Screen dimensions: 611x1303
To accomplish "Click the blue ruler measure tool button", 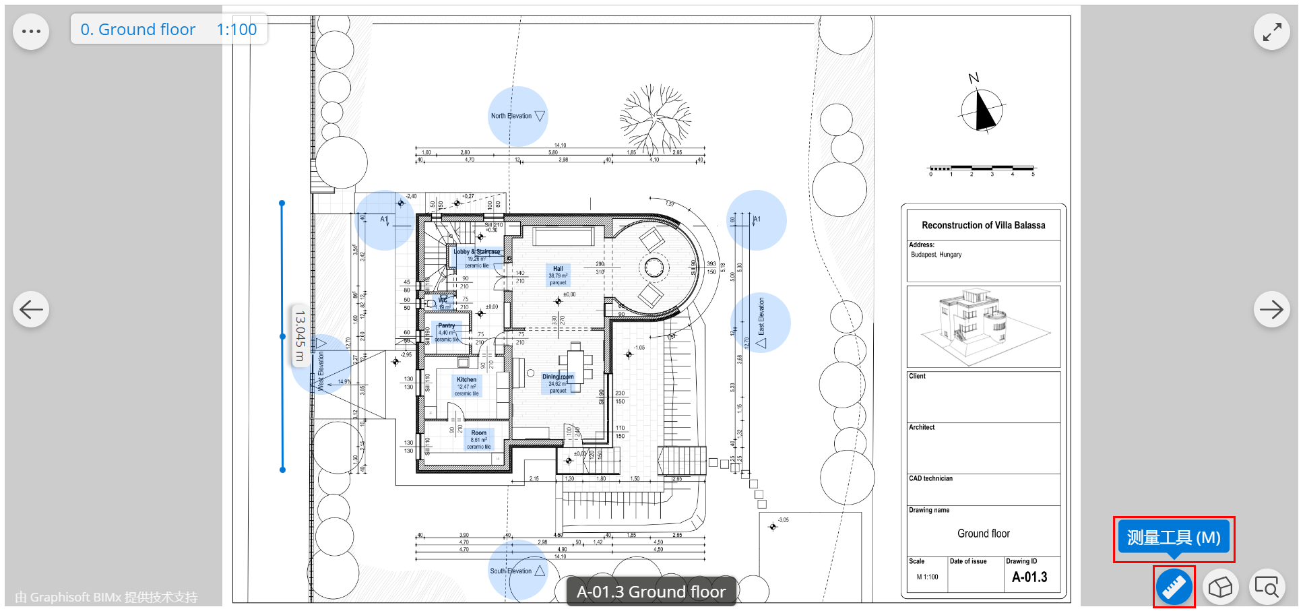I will (1174, 587).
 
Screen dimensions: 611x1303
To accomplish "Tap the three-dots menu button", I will (31, 31).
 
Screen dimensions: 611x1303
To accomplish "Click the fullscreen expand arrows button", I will (1271, 32).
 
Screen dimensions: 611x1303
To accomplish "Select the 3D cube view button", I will (1220, 587).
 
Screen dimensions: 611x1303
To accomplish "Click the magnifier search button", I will (1267, 587).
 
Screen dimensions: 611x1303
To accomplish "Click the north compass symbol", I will (982, 109).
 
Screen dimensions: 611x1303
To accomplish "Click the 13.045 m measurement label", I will (300, 336).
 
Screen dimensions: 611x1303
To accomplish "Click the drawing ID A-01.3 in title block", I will (1029, 577).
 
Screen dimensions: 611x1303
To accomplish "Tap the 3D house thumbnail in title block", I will (983, 326).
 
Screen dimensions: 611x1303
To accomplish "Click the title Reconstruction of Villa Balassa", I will (983, 225).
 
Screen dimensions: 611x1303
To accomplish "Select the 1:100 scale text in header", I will (236, 30).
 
